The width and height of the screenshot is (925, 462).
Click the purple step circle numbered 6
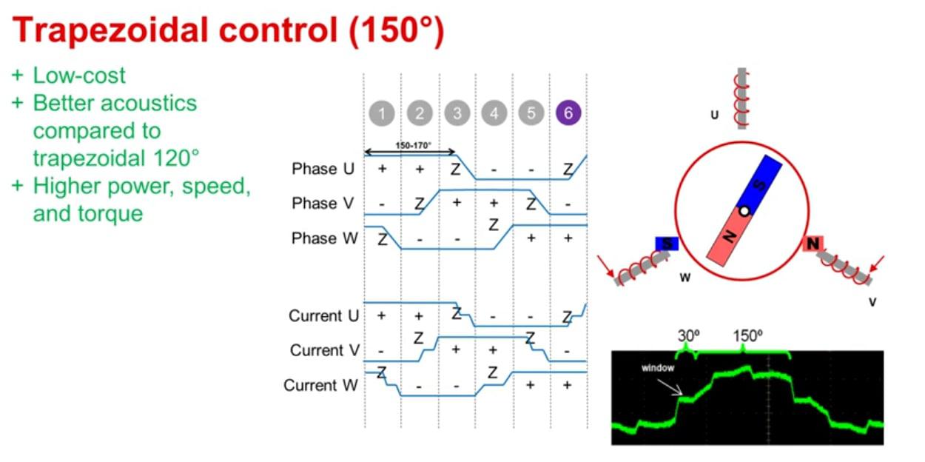568,113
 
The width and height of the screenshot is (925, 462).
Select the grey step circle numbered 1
382,113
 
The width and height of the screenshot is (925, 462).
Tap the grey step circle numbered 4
494,113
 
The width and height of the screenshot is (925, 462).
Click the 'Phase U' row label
323,169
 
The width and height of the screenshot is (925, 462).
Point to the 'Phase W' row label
325,238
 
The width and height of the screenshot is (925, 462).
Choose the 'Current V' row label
325,350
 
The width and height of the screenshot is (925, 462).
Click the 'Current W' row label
320,385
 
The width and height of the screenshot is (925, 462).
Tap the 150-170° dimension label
413,145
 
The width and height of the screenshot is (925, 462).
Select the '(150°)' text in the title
397,30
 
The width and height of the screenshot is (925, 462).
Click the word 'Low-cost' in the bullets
79,76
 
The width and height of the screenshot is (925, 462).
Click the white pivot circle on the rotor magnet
744,211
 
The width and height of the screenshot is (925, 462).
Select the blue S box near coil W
667,244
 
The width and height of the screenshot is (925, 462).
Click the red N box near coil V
813,244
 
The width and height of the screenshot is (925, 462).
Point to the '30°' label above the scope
688,335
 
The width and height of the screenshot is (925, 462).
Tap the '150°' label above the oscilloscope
748,335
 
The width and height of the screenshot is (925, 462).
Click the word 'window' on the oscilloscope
657,368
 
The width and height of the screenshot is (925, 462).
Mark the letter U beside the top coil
714,115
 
